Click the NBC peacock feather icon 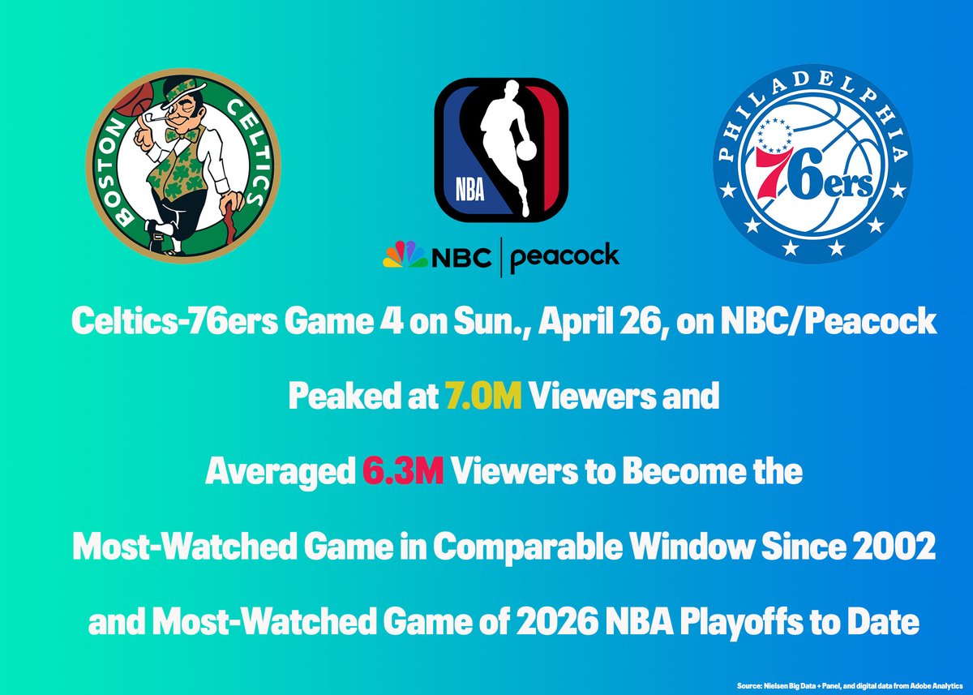[405, 256]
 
